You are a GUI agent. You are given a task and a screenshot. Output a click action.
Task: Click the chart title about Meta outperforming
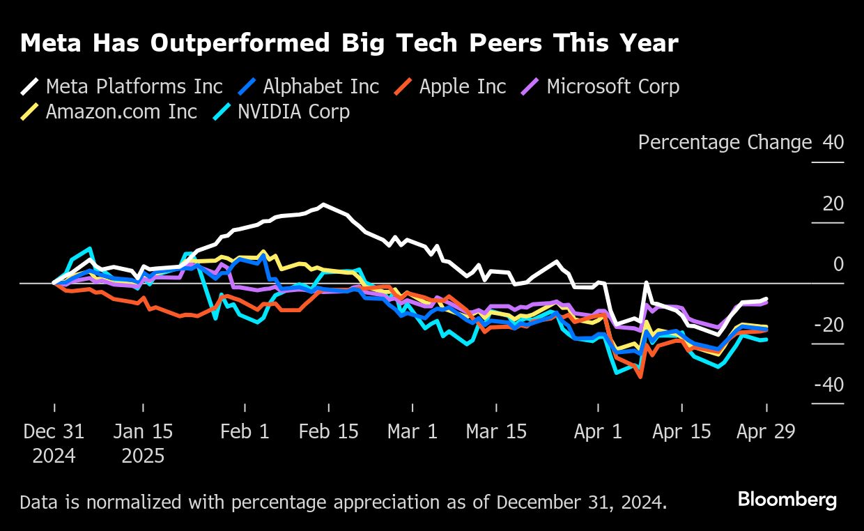click(349, 43)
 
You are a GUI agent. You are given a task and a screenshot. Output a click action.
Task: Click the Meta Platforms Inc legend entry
click(121, 86)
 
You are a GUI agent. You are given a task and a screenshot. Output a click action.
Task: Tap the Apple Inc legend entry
click(450, 86)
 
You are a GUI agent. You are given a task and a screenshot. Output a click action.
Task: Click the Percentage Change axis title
click(725, 142)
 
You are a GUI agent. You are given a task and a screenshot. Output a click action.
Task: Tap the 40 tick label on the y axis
click(833, 142)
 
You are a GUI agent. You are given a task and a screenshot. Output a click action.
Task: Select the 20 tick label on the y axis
click(833, 203)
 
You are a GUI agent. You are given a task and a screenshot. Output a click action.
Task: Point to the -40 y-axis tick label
click(829, 385)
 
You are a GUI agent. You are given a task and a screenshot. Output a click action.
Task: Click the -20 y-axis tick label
click(829, 325)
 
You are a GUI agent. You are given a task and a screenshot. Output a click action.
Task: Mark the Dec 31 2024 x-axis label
click(54, 443)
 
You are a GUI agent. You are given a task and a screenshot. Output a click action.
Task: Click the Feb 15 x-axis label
click(329, 431)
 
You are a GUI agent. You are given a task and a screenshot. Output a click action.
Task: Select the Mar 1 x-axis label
click(412, 431)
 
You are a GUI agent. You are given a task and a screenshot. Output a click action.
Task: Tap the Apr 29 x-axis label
click(766, 431)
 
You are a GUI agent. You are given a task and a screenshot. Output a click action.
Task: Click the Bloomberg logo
click(787, 500)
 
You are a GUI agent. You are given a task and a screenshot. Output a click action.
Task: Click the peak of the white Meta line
click(323, 204)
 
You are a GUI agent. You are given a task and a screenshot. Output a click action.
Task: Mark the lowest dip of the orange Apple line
click(640, 377)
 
